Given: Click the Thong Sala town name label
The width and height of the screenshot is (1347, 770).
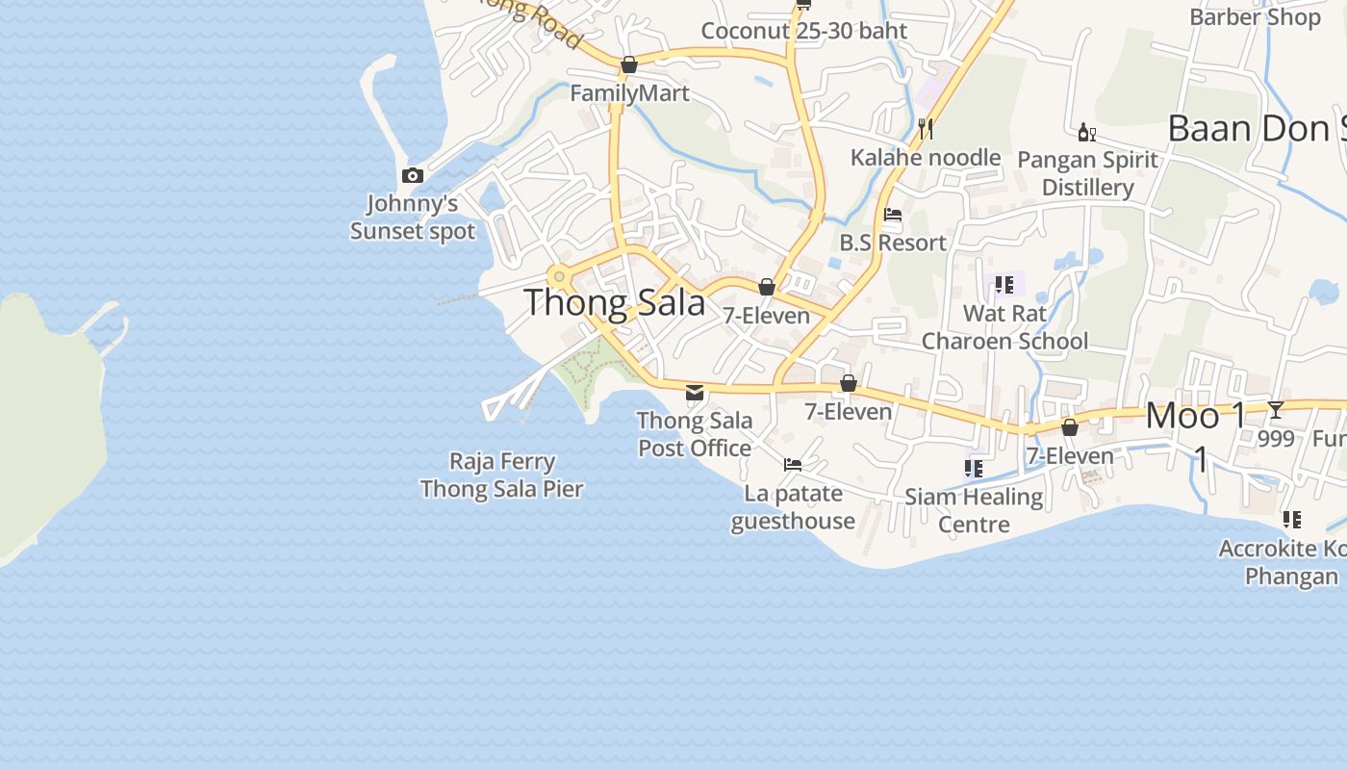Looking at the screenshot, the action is (x=615, y=303).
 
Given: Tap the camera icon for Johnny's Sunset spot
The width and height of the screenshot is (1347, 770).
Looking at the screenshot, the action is (x=413, y=175).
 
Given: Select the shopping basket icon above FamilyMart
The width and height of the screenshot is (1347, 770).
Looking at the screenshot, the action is (x=629, y=64).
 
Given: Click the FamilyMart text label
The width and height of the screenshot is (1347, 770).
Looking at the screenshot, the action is (x=629, y=93).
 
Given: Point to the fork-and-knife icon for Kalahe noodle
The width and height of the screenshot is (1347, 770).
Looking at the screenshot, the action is (x=926, y=127).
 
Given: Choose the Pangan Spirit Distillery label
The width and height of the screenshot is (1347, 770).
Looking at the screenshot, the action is (x=1087, y=173).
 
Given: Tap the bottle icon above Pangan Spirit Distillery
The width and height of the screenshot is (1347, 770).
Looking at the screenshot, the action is (x=1086, y=132).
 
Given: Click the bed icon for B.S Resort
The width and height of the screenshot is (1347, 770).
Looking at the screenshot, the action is (x=893, y=214).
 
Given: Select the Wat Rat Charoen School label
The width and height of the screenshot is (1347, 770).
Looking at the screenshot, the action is (x=1004, y=327).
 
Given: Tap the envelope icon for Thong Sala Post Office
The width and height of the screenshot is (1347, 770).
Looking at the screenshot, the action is (x=695, y=393).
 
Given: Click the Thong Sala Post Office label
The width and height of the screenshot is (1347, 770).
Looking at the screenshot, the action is (x=695, y=434).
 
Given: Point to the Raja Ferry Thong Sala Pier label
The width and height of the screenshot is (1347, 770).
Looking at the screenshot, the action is (x=501, y=475).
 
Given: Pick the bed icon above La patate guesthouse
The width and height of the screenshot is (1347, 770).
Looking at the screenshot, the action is (x=793, y=465).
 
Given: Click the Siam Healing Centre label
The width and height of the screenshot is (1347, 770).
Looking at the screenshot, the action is (x=974, y=510).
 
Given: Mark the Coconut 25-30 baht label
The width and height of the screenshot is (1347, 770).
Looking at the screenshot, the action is (x=803, y=31).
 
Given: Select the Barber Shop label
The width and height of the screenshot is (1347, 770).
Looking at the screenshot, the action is (x=1255, y=16).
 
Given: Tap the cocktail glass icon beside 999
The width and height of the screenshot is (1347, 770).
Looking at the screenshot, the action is (x=1276, y=410).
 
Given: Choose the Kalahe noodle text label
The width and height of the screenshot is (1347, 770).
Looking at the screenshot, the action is (x=926, y=157).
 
